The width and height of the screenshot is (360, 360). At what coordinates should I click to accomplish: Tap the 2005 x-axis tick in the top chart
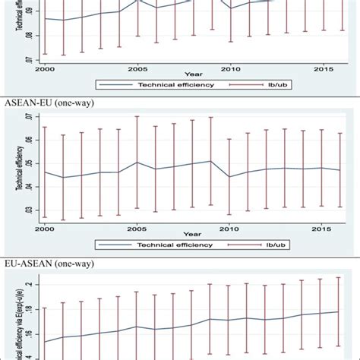click(x=137, y=68)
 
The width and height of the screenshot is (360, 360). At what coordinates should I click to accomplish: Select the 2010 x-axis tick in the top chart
click(x=230, y=68)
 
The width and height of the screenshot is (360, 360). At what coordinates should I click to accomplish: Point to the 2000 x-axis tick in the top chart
click(x=44, y=68)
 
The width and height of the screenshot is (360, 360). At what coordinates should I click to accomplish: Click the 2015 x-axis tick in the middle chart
click(x=323, y=228)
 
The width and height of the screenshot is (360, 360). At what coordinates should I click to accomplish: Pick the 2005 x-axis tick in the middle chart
click(x=137, y=228)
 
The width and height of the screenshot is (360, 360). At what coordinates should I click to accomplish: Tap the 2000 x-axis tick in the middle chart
click(x=44, y=228)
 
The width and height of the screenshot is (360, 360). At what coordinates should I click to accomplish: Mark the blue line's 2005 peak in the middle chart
click(x=137, y=162)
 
